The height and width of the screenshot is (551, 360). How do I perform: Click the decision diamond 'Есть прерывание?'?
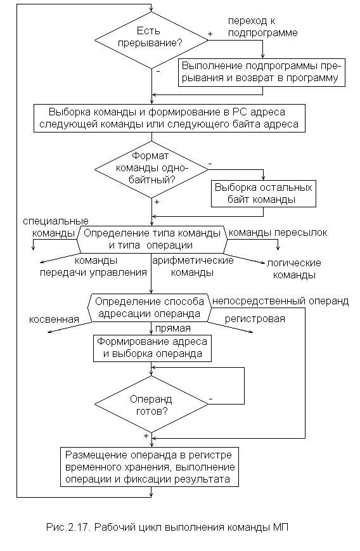pos(151,40)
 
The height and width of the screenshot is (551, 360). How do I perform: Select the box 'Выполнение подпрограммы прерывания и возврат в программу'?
pos(262,72)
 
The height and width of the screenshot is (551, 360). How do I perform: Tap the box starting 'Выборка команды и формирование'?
pos(170,118)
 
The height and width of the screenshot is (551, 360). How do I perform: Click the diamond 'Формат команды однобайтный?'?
pos(151,169)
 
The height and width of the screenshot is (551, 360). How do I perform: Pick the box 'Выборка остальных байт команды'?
pos(264,193)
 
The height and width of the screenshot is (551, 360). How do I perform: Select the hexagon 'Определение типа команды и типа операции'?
pos(151,239)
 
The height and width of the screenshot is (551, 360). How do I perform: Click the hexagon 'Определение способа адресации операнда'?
pos(150,308)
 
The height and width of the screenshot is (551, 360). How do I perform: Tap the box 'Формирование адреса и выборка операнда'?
pos(152,348)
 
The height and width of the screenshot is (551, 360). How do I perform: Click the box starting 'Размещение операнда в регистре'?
pos(150,467)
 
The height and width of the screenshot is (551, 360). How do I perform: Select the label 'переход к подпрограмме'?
pos(263,27)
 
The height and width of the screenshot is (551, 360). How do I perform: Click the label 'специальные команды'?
pos(56,227)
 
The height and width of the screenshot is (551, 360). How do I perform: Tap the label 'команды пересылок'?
pos(278,233)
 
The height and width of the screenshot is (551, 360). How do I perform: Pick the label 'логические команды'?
pos(294,269)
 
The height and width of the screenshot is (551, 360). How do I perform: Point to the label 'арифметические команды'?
pos(193,266)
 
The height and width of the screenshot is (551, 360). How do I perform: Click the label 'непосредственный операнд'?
pos(280,301)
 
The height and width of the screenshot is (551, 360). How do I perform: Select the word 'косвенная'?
pos(54,320)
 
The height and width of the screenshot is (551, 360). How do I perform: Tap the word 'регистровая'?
pos(255,319)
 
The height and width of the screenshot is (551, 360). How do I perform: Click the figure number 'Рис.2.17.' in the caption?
pos(68,528)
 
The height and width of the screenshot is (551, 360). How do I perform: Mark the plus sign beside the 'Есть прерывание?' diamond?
pos(210,34)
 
